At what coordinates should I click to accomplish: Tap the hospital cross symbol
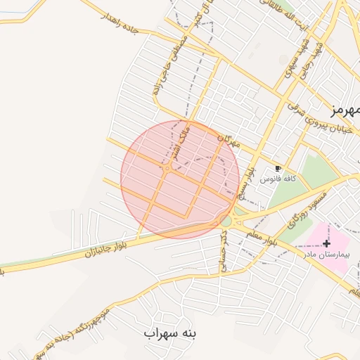[x=327, y=243]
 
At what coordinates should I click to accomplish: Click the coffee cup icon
[x=278, y=169]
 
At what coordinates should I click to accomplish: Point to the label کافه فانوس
[x=278, y=179]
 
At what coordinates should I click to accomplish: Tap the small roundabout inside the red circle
[x=167, y=168]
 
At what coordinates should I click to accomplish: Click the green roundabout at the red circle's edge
[x=226, y=221]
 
